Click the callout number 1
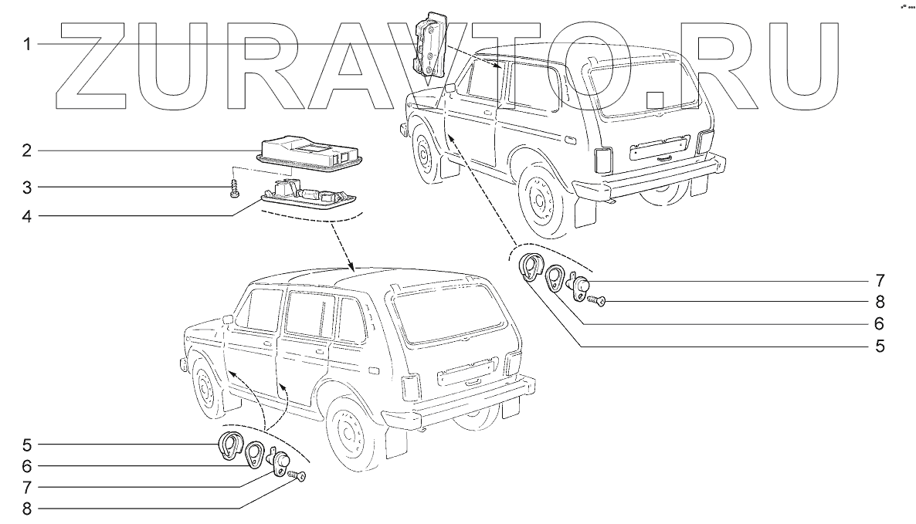(x=26, y=44)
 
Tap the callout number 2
(x=26, y=150)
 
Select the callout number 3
(x=26, y=187)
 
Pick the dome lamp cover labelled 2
(x=310, y=151)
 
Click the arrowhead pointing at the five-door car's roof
(x=349, y=266)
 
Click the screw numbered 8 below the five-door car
(x=298, y=477)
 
